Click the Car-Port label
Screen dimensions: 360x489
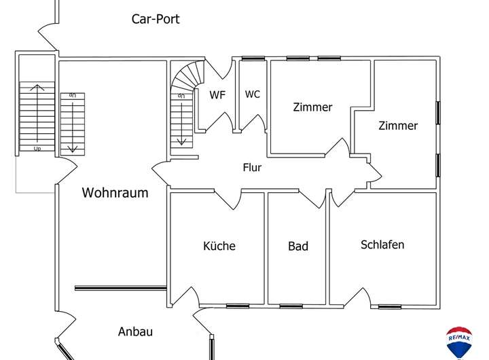(156, 19)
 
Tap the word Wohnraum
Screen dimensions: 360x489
(115, 193)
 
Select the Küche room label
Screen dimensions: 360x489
(219, 246)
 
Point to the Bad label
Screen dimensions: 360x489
(298, 246)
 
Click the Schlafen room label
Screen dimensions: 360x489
(382, 245)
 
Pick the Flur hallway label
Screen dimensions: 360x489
(252, 167)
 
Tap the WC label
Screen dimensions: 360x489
(253, 94)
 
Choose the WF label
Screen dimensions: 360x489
(217, 95)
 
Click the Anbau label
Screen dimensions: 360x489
(135, 332)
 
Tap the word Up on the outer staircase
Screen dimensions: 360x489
(37, 147)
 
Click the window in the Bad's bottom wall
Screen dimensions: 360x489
(291, 306)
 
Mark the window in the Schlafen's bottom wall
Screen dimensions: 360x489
(389, 306)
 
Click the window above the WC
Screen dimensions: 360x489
(253, 58)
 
